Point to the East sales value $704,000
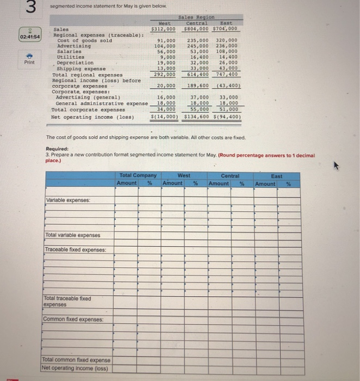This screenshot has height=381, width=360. tap(228, 29)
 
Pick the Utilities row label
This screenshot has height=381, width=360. tap(70, 57)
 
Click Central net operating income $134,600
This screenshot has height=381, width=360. tap(196, 116)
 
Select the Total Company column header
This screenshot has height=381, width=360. tap(138, 176)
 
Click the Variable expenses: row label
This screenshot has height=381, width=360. tap(68, 200)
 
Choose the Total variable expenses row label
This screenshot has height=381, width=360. tap(72, 235)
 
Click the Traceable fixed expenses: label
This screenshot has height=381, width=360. tap(76, 250)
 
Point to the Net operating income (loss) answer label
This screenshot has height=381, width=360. tap(76, 368)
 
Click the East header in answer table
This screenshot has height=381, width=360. tap(276, 176)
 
